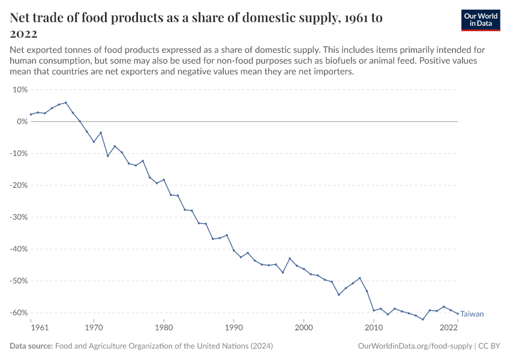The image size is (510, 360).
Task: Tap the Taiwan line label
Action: tap(472, 314)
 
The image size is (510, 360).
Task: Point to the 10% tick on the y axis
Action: tap(20, 89)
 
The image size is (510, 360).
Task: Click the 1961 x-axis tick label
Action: tap(39, 328)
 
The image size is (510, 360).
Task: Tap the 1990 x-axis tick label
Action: tap(234, 328)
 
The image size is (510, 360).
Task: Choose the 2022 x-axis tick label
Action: tap(449, 328)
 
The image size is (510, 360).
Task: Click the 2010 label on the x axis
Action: tap(374, 328)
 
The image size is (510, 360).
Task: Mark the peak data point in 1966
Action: tap(65, 103)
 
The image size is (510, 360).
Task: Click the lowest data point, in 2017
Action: tap(423, 319)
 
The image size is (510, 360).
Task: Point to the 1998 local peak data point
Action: tap(290, 259)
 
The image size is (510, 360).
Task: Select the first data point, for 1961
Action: tap(31, 115)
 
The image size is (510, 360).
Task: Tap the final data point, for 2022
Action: tap(458, 313)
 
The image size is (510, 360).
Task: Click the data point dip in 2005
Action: tap(338, 295)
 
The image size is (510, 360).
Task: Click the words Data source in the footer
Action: tap(31, 346)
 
